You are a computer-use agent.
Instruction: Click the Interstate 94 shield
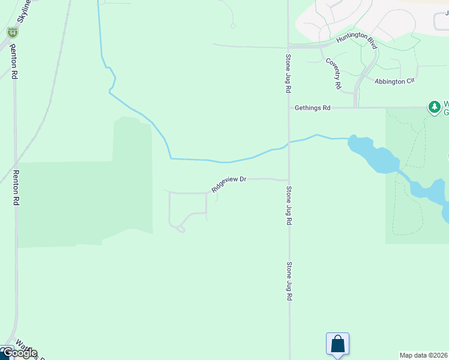pyautogui.click(x=13, y=32)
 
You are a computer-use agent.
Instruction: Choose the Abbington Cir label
pyautogui.click(x=394, y=81)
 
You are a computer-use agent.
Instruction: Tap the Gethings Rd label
pyautogui.click(x=312, y=108)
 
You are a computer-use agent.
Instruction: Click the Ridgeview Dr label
pyautogui.click(x=229, y=183)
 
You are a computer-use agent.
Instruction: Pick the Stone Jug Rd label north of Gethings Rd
pyautogui.click(x=288, y=73)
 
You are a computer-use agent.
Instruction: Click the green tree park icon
pyautogui.click(x=434, y=107)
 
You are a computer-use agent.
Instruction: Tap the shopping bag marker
pyautogui.click(x=337, y=344)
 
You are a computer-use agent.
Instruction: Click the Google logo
pyautogui.click(x=19, y=353)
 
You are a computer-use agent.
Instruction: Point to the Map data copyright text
pyautogui.click(x=424, y=355)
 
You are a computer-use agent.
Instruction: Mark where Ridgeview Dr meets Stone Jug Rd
pyautogui.click(x=289, y=179)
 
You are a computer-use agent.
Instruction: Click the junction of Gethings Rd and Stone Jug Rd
pyautogui.click(x=289, y=108)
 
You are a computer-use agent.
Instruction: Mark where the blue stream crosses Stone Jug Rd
pyautogui.click(x=289, y=143)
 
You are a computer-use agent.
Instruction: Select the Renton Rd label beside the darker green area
pyautogui.click(x=16, y=188)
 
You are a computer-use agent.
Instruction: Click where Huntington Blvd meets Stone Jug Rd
pyautogui.click(x=289, y=46)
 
